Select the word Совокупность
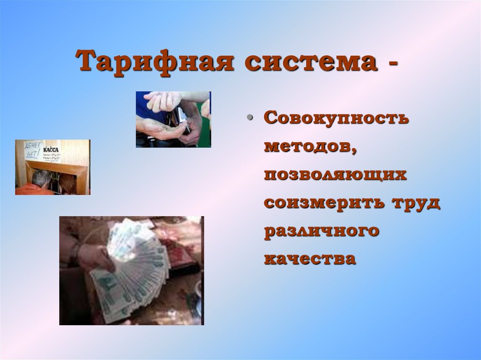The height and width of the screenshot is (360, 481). point(335,118)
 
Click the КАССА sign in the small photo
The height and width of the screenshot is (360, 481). point(51,150)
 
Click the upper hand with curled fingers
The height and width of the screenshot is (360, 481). point(162,100)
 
